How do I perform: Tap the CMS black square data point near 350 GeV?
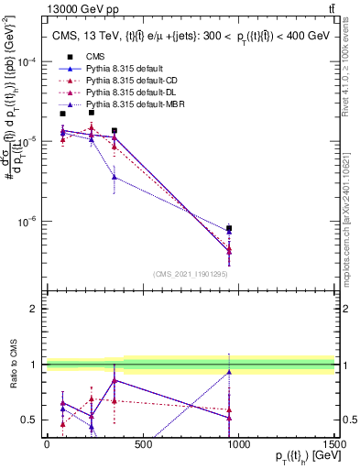click(x=114, y=131)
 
